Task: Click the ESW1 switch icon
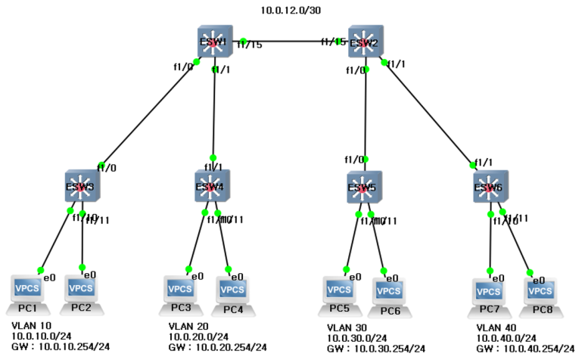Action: coord(213,42)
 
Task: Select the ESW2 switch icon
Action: coord(366,42)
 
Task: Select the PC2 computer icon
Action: coord(82,291)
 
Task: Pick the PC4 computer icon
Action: coord(232,292)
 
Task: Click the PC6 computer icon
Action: coord(390,293)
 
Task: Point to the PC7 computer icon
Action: coord(489,293)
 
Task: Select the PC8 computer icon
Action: coord(540,293)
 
